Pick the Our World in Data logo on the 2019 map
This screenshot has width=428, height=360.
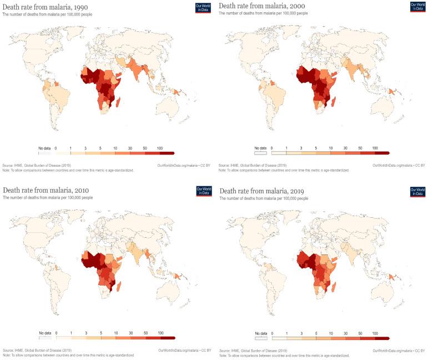417,192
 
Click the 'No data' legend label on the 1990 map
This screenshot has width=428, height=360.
44,149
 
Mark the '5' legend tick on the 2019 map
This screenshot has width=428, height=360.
316,333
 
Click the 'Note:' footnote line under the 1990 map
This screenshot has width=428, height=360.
68,170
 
